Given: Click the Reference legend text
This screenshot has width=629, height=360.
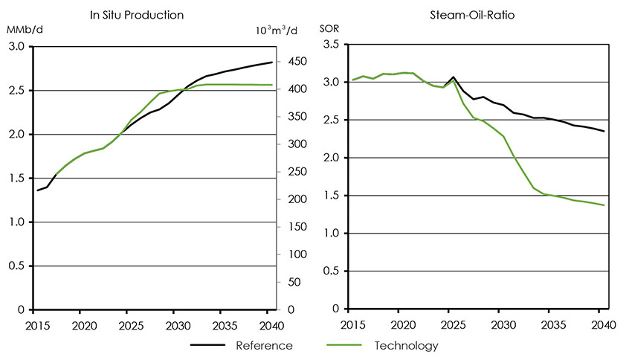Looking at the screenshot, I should (x=264, y=345).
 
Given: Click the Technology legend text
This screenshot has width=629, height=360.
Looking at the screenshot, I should (x=406, y=345).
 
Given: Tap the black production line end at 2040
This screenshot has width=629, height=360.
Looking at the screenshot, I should (x=271, y=62).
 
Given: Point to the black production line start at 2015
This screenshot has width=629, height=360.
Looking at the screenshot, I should (x=37, y=190).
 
